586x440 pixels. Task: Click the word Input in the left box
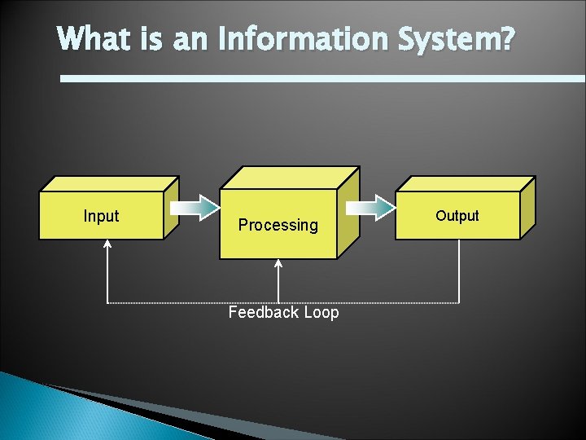[x=101, y=216]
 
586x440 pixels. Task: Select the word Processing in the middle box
[x=278, y=225]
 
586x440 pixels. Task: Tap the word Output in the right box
[x=457, y=216]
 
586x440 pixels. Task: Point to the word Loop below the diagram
[x=321, y=313]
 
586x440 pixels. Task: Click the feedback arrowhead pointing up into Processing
[x=279, y=264]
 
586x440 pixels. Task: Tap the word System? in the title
[x=456, y=38]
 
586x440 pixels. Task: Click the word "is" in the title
[x=155, y=38]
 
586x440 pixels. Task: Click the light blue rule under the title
[x=326, y=78]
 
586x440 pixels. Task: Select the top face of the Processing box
[x=290, y=178]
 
